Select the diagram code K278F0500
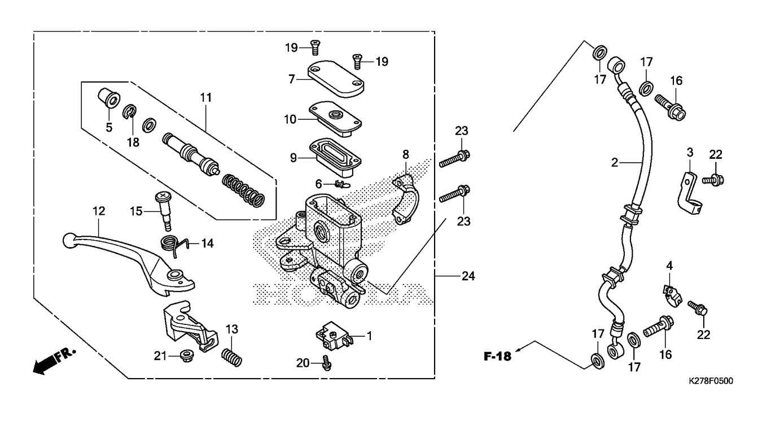click(710, 381)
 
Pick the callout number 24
click(468, 276)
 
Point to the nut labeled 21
click(184, 355)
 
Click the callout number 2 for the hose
click(615, 163)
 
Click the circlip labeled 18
click(129, 112)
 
